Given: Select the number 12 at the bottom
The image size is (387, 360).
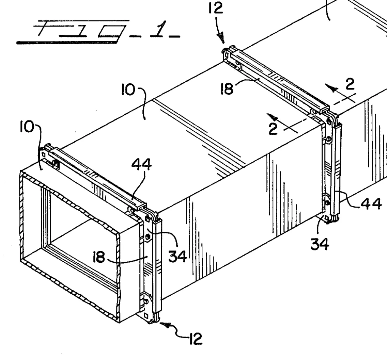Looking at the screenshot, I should (x=195, y=339).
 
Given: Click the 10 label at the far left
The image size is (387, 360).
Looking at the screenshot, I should (x=28, y=127).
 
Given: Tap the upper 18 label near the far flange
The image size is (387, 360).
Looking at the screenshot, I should (x=227, y=89).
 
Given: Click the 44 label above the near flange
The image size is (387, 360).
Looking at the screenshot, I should (x=142, y=165).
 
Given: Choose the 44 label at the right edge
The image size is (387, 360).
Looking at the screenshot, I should (x=371, y=204).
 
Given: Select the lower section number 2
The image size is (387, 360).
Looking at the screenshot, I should (x=273, y=129).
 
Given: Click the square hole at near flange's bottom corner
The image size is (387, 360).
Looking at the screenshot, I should (x=146, y=316).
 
